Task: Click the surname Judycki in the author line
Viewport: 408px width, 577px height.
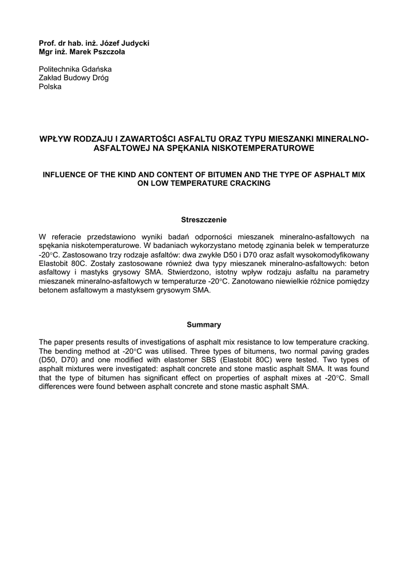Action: coord(133,43)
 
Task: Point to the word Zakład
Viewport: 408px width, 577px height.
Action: coord(50,78)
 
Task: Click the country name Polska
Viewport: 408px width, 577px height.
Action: coord(50,87)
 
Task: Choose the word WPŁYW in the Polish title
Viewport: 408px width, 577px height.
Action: coord(52,139)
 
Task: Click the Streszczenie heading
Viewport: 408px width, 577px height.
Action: coord(203,219)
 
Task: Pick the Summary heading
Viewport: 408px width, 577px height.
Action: coord(203,325)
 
